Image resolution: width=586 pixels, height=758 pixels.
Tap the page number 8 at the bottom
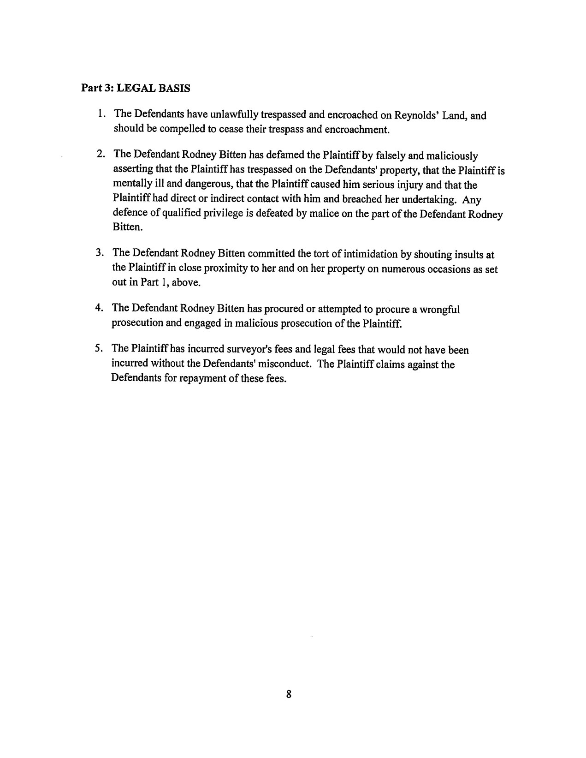[x=289, y=695]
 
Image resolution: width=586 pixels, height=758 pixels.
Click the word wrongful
[x=441, y=309]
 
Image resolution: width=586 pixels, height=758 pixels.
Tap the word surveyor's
[x=249, y=350]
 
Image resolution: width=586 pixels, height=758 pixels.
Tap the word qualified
[x=175, y=214]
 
